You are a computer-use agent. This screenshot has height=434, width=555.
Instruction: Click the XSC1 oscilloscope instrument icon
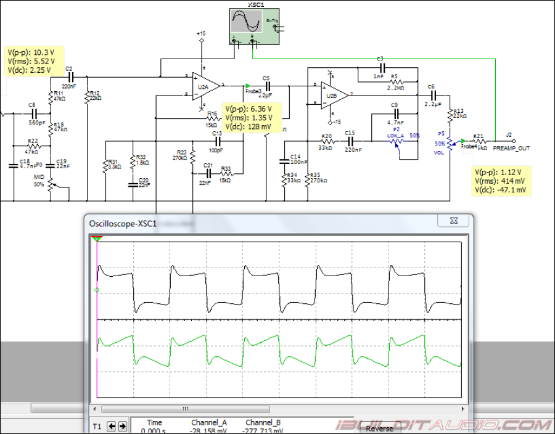coord(253,26)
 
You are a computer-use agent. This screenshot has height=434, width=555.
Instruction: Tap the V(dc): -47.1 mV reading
coord(501,190)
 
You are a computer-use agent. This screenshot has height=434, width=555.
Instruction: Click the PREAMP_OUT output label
coord(511,149)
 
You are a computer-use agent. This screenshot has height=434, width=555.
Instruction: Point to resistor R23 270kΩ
coord(192,155)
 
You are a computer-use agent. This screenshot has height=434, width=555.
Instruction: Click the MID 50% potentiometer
coord(52,184)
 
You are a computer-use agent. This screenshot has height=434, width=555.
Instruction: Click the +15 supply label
coord(201,33)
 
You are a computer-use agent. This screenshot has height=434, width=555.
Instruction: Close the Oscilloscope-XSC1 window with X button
coord(453,221)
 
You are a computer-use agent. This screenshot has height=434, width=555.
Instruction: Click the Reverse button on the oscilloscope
coord(379,428)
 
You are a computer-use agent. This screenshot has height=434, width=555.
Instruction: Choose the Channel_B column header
coord(263,422)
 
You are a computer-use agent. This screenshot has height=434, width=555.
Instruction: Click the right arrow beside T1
coord(122,426)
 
